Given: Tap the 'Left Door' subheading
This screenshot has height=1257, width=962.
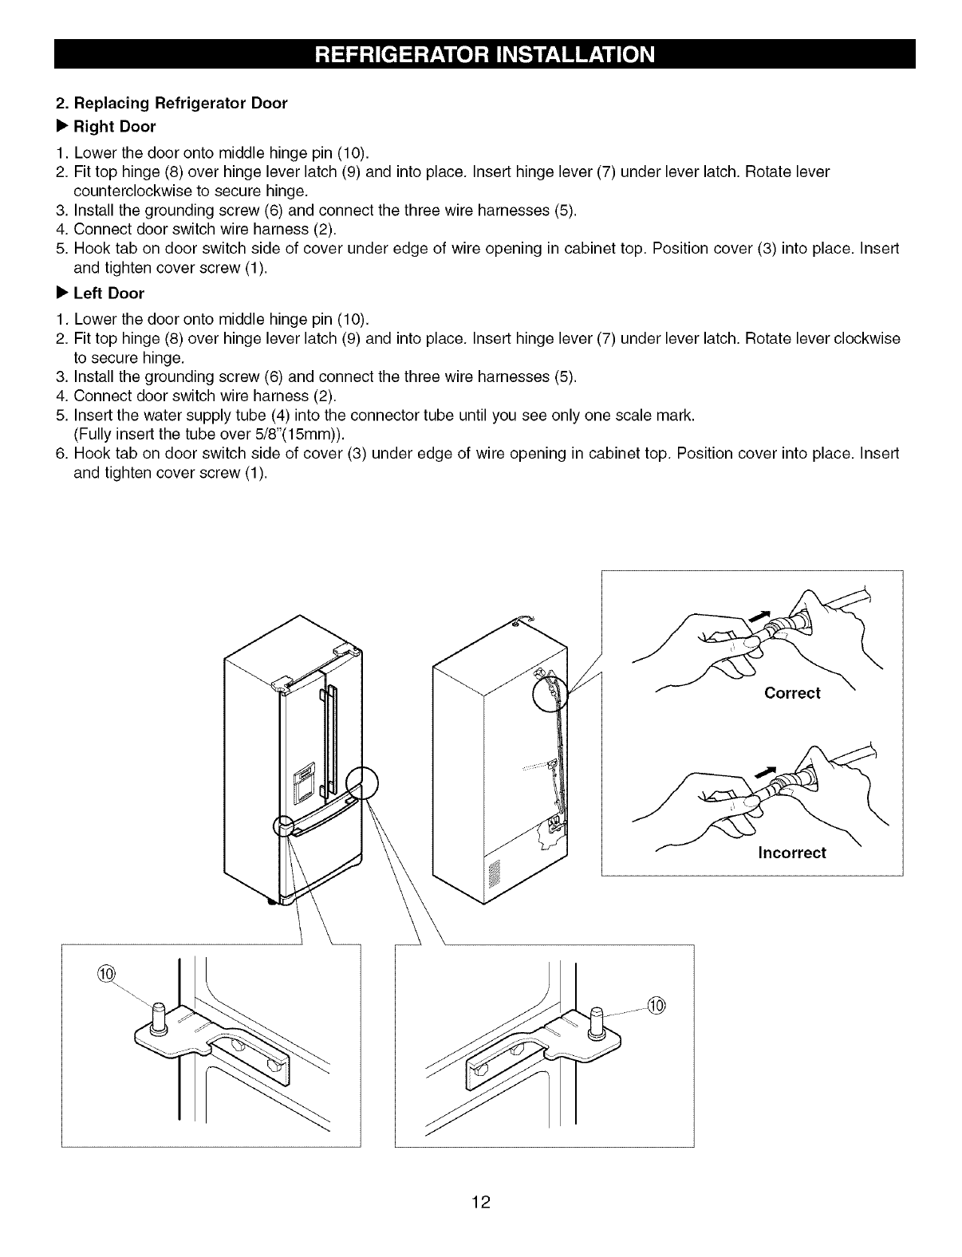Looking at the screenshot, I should (108, 294).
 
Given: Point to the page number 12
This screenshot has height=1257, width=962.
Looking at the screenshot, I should (481, 1203).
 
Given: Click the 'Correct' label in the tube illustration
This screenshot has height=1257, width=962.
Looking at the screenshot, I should (791, 693).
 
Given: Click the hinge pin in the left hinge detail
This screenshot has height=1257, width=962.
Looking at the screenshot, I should (158, 1019).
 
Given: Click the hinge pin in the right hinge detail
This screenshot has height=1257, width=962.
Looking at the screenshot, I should (596, 1024).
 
